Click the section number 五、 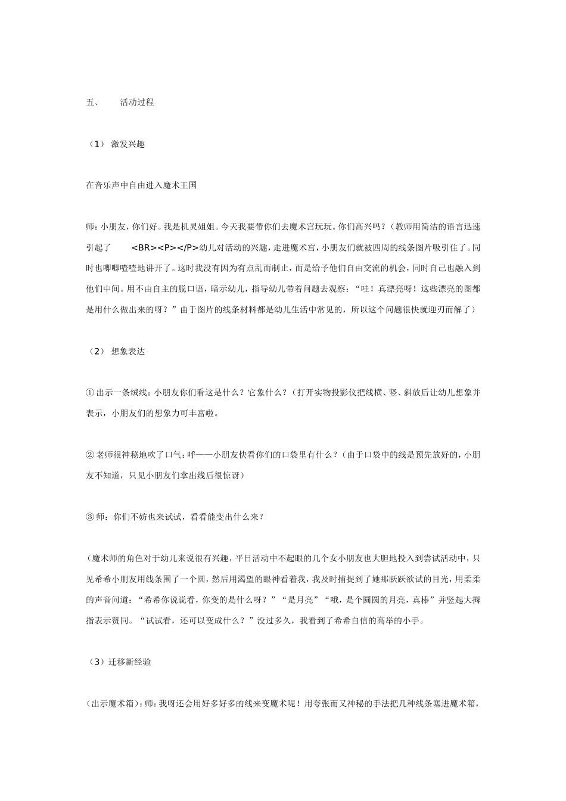point(92,102)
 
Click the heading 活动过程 point(136,102)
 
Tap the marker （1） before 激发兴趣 point(96,144)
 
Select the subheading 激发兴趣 point(127,144)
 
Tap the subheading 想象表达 point(127,351)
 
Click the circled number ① point(90,392)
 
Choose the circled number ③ point(90,517)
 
